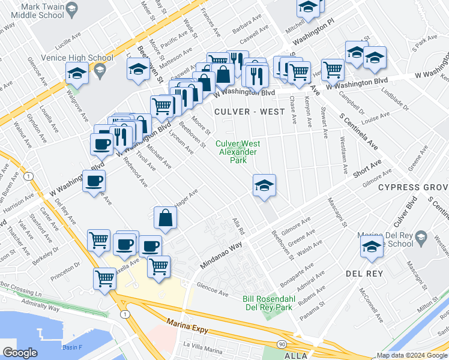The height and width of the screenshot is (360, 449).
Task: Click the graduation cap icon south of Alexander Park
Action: click(x=264, y=186)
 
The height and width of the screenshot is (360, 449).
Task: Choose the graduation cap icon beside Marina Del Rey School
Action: click(x=372, y=248)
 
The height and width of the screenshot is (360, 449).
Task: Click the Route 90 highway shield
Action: click(x=282, y=343)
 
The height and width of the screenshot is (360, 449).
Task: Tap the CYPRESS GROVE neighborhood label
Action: click(x=413, y=187)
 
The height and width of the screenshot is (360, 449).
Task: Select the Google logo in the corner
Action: click(x=19, y=353)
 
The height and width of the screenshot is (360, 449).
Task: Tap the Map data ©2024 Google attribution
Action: click(x=412, y=356)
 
